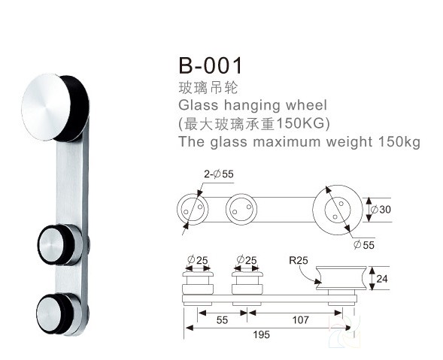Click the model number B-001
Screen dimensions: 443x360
211,65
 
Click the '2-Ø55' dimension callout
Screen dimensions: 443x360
219,174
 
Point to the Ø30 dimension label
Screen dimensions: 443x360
381,210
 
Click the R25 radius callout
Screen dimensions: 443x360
299,260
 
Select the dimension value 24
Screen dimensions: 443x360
382,279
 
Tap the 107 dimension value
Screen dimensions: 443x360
300,320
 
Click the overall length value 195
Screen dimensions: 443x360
261,334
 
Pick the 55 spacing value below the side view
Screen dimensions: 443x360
222,320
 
